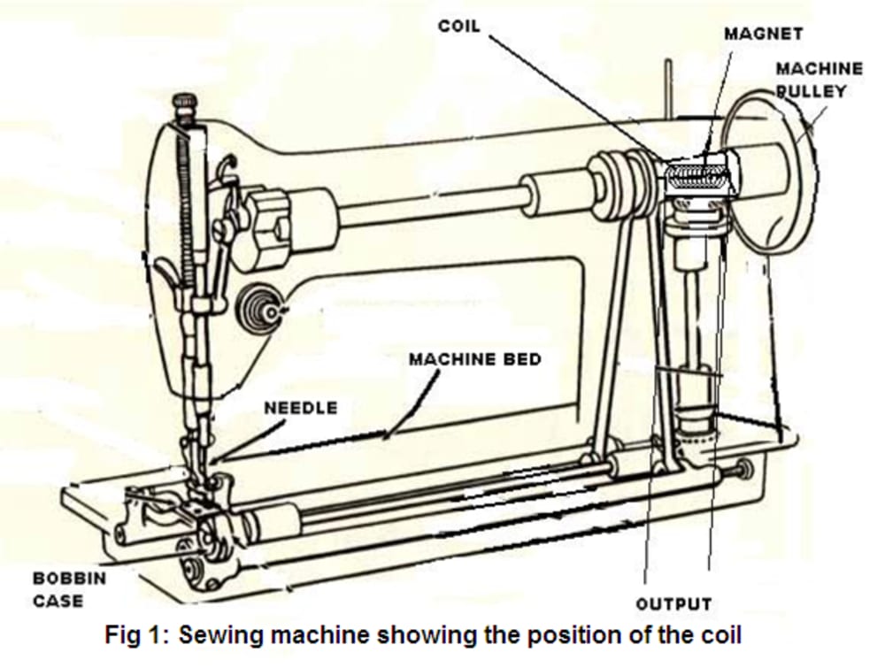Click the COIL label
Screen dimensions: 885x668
coord(458,27)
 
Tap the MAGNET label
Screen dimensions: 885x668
coord(763,34)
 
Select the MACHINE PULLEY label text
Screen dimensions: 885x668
coord(819,80)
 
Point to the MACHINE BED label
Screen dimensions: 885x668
coord(474,359)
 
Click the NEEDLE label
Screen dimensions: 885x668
coord(301,407)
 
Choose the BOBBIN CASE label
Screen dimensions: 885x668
coord(69,589)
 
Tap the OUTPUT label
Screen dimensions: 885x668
coord(673,604)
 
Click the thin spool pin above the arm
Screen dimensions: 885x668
coord(668,89)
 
